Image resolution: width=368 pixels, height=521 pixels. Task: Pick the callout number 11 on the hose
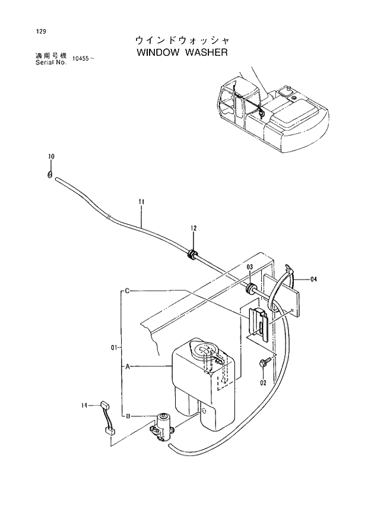(x=141, y=202)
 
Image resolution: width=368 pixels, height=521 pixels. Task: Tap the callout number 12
(x=193, y=228)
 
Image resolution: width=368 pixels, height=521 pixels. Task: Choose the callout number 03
(x=250, y=267)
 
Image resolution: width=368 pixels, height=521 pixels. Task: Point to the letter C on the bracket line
(x=127, y=291)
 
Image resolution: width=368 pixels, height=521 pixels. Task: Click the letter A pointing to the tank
(x=127, y=366)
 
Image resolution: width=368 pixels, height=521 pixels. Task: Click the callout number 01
(x=115, y=347)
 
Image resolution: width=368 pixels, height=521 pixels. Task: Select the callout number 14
(x=85, y=405)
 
